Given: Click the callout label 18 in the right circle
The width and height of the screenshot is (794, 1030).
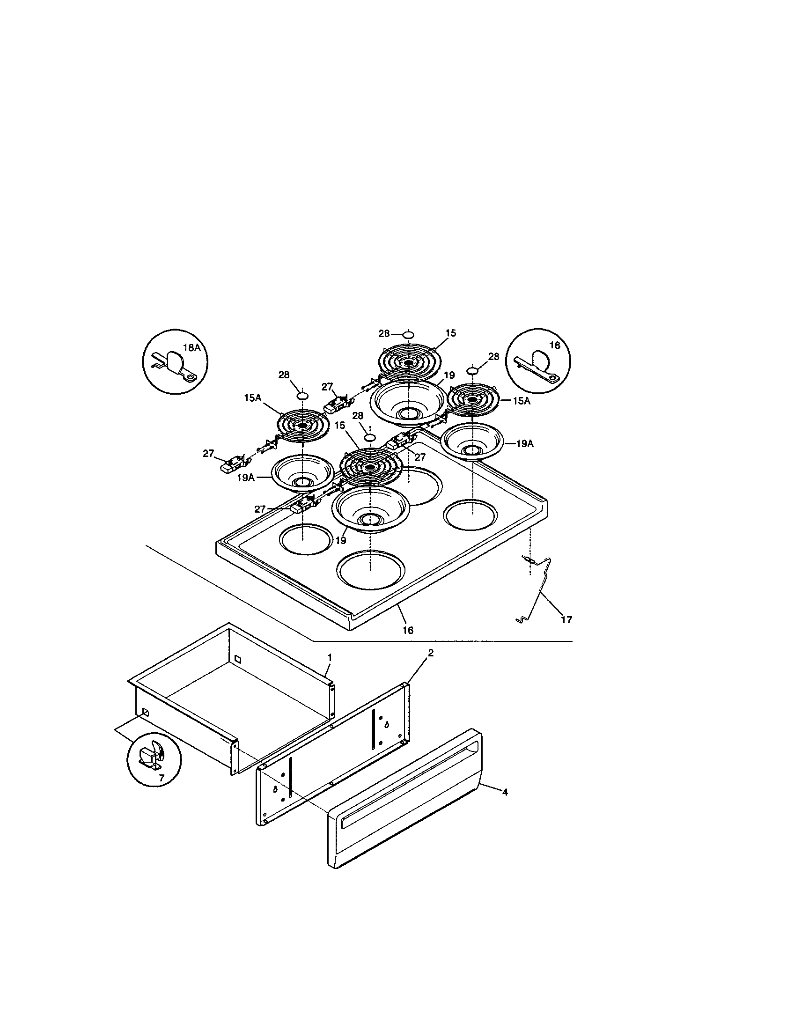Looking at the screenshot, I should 554,345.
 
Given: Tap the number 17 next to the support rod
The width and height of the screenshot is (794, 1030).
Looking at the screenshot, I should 566,619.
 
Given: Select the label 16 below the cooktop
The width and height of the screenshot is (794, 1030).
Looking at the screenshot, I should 408,630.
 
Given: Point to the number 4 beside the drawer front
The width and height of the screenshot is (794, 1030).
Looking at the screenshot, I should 505,792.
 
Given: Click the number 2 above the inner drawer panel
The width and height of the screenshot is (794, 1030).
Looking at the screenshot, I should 430,653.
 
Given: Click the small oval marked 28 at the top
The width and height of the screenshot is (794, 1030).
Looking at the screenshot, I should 408,334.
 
